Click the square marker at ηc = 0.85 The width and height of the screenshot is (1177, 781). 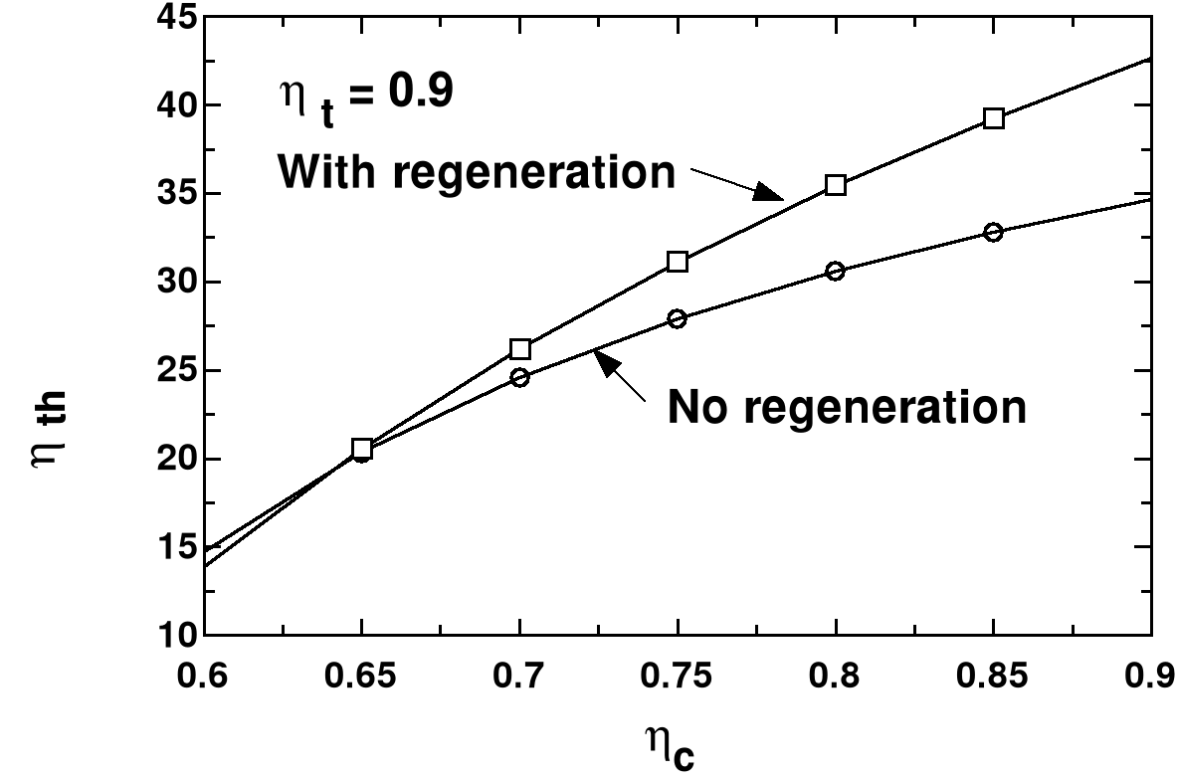click(x=993, y=118)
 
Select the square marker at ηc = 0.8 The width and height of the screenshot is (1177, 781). click(x=836, y=184)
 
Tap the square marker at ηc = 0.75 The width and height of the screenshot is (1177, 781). click(x=678, y=262)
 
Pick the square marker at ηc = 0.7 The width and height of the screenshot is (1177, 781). click(x=519, y=348)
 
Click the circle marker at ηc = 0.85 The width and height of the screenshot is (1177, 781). click(x=993, y=232)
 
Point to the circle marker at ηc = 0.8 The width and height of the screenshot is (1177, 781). click(x=836, y=271)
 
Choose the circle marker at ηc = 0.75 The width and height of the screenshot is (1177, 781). click(x=678, y=318)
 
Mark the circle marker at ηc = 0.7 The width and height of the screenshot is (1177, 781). click(x=519, y=377)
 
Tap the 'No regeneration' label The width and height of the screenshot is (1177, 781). click(x=847, y=407)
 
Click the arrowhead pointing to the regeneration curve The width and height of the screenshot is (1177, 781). click(x=767, y=192)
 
